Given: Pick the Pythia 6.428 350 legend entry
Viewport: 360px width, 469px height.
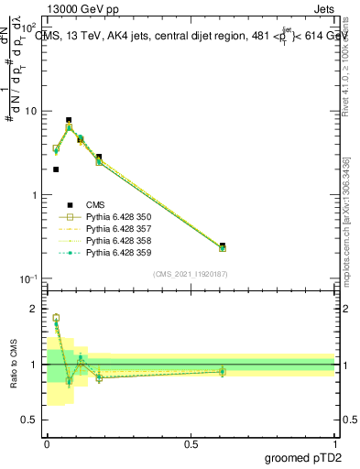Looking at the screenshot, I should click(x=118, y=217).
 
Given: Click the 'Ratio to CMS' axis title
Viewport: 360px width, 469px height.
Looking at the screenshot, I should click(x=14, y=364).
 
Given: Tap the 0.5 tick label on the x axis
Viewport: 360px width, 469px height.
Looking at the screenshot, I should click(x=191, y=443).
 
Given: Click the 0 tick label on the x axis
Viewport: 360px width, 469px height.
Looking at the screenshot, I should click(x=47, y=443).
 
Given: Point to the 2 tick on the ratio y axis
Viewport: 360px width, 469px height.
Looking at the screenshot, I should click(x=37, y=309).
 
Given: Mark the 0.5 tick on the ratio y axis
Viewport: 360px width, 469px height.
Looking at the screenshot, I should click(x=33, y=420).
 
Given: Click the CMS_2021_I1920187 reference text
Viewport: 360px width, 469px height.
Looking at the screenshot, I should click(x=190, y=273).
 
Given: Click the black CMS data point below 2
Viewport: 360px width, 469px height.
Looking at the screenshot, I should click(x=56, y=169).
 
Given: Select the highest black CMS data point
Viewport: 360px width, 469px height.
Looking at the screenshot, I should click(x=69, y=120).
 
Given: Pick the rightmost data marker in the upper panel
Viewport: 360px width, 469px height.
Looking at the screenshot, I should click(x=223, y=247).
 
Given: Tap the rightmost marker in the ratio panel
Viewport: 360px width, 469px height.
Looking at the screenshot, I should click(x=223, y=371).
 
